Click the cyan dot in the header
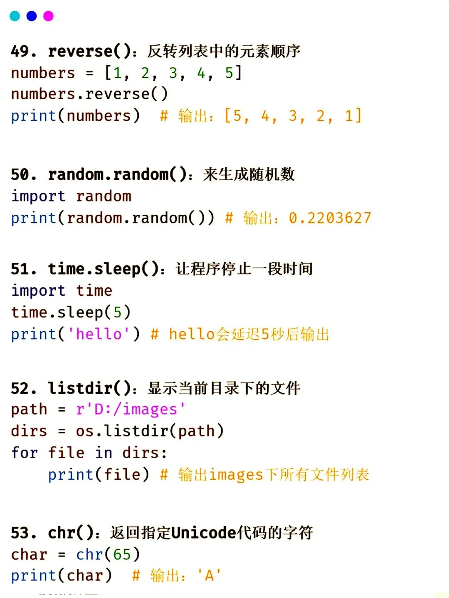click(x=15, y=16)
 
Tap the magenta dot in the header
click(x=49, y=16)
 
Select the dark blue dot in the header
click(x=32, y=16)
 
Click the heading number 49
click(x=20, y=51)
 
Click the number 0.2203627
click(x=330, y=218)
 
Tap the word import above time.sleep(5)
click(x=38, y=291)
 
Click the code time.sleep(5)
click(x=71, y=312)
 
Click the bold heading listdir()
click(x=90, y=388)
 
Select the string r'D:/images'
click(x=131, y=409)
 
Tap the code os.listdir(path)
click(x=150, y=431)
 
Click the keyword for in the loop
click(x=25, y=453)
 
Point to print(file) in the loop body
click(x=99, y=474)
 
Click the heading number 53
click(x=20, y=533)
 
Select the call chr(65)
click(x=108, y=554)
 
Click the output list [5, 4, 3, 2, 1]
click(x=293, y=116)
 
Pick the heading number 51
click(x=20, y=269)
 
